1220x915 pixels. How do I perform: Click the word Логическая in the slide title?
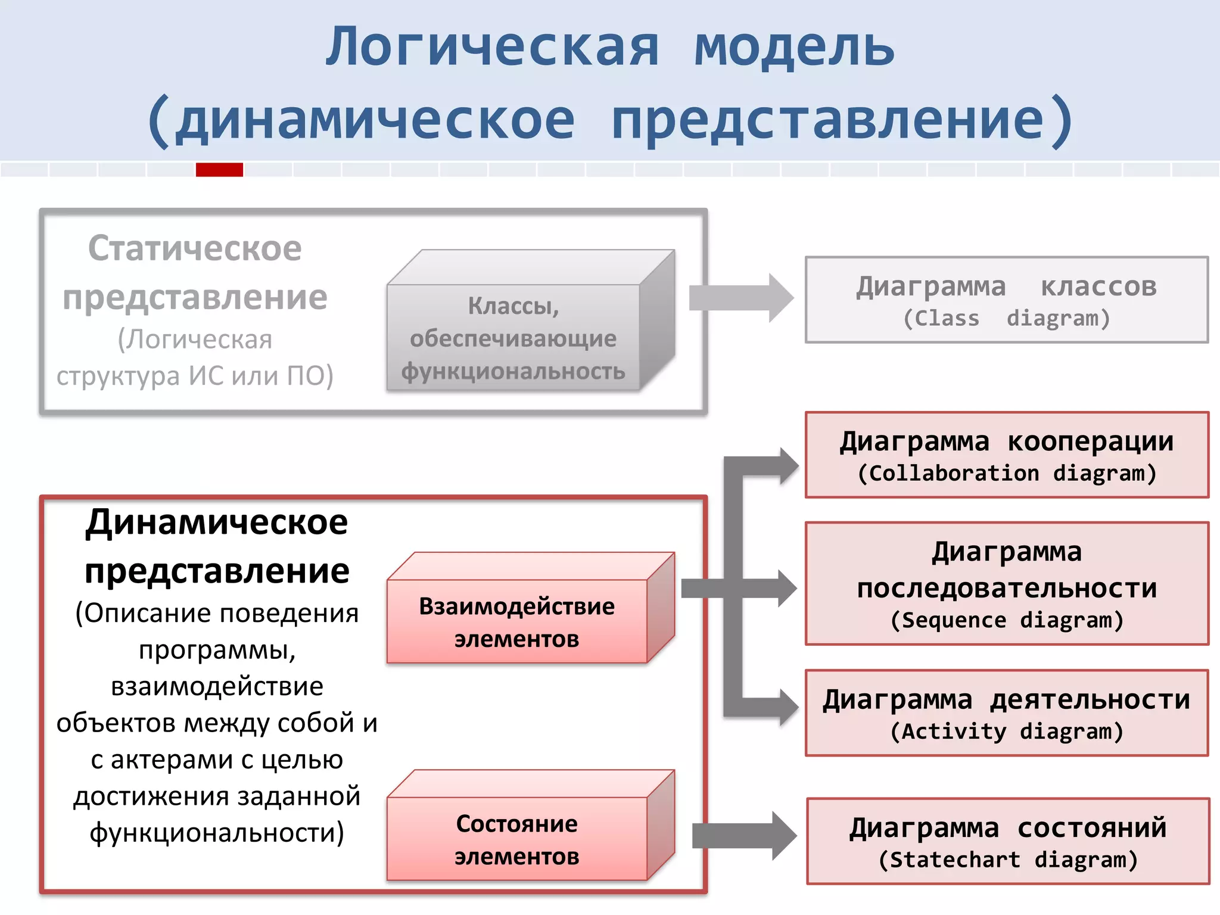[x=492, y=48]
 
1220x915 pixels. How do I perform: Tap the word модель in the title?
[x=794, y=48]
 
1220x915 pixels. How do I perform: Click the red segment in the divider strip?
[x=219, y=170]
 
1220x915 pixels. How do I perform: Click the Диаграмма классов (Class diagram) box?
[x=1006, y=300]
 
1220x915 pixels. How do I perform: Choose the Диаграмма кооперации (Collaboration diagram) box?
[x=1006, y=455]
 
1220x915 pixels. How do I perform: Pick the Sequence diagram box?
[x=1006, y=584]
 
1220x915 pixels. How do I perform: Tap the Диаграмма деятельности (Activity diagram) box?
[x=1006, y=713]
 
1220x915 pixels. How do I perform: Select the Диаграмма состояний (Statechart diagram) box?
[x=1007, y=841]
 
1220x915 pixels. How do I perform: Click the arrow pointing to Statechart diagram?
[x=745, y=836]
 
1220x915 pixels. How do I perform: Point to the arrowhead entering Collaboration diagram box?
[x=788, y=466]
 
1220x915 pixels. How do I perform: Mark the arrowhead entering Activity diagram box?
[x=788, y=707]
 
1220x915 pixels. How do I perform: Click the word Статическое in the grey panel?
[x=195, y=248]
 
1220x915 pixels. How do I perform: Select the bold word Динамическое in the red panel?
[x=216, y=523]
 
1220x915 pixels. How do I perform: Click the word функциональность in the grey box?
[x=513, y=372]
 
